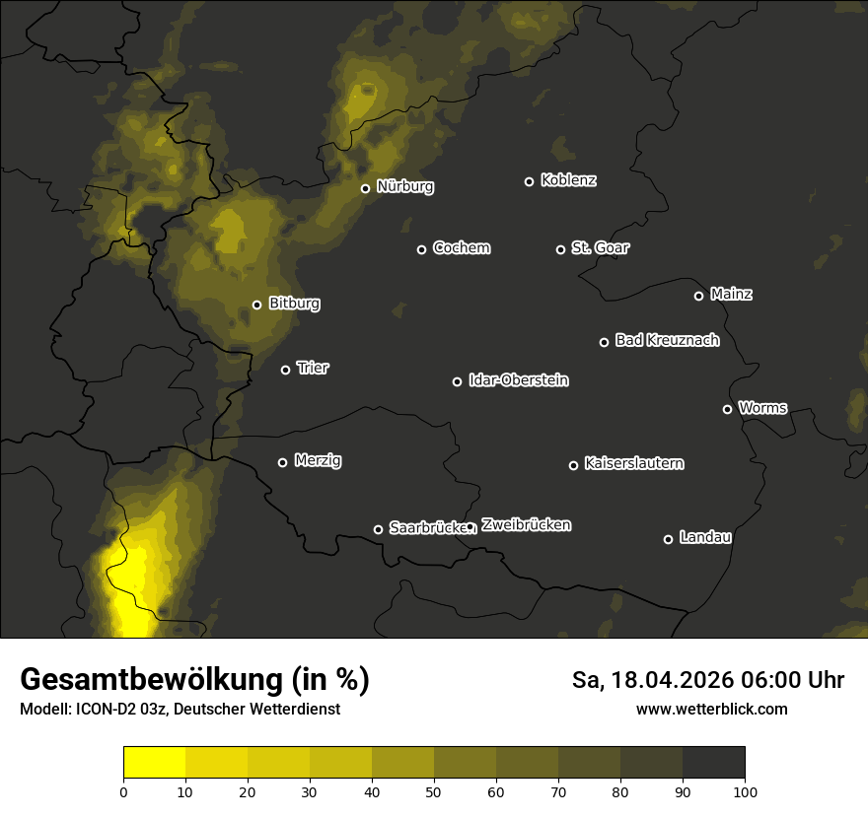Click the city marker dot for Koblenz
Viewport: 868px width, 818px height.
529,181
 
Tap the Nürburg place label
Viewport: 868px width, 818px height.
404,186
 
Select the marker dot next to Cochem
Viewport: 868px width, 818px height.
421,249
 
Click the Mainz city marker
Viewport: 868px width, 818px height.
698,296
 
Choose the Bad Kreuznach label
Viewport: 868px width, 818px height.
667,340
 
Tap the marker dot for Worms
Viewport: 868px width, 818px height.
727,409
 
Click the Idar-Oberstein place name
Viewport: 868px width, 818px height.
518,379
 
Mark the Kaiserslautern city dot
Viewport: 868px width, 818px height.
573,465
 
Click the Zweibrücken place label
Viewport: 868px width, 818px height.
526,525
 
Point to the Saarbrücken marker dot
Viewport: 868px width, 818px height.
378,529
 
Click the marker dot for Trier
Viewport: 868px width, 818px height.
285,370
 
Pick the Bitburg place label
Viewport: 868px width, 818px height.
294,304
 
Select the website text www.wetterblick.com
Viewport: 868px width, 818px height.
711,709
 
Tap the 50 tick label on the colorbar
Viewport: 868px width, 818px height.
434,791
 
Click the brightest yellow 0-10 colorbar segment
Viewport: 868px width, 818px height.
155,762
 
